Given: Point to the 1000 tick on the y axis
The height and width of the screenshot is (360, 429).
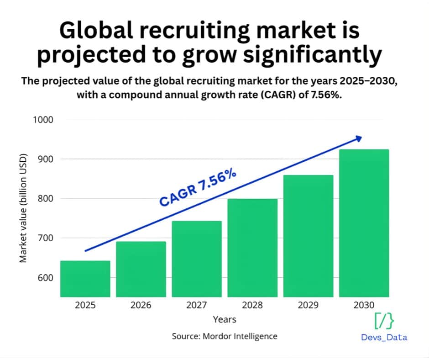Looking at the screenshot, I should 43,120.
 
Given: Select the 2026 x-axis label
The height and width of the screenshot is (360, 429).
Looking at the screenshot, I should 141,305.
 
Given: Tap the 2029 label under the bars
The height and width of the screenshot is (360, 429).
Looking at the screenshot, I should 308,305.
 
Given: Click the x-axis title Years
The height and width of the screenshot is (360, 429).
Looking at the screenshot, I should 224,319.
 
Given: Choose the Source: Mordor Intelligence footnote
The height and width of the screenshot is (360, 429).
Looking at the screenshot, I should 224,336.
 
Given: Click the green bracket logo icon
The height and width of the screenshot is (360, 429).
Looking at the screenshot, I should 384,322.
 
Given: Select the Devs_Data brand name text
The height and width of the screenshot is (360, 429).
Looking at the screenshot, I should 384,338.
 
